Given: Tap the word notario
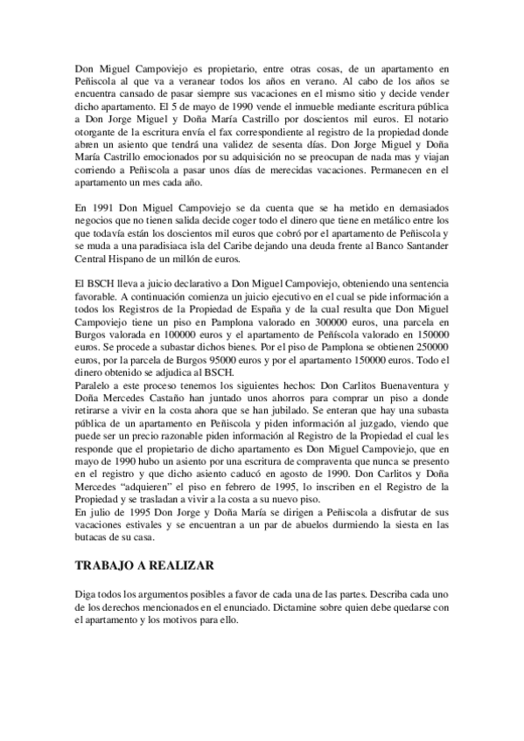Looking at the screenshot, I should [x=434, y=118].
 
